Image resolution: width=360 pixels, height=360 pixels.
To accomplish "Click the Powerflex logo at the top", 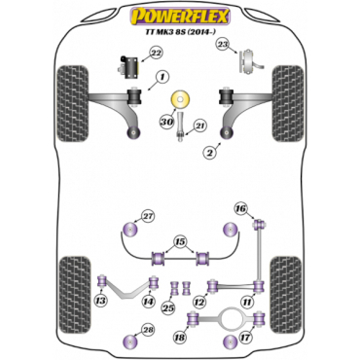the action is click(180, 17).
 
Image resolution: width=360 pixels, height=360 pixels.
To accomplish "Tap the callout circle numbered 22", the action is click(157, 54).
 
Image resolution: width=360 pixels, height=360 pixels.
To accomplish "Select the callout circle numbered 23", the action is click(223, 45).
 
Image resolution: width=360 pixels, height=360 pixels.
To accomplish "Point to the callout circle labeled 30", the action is click(166, 122).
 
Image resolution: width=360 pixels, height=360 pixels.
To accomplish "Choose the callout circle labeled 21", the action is click(200, 126).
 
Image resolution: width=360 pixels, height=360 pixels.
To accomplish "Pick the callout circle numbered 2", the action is click(210, 153).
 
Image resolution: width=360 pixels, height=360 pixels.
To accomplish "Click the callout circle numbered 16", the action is click(241, 209).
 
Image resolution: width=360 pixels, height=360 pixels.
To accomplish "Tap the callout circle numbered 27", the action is click(148, 217).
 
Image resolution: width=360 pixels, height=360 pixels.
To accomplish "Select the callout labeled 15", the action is click(180, 242).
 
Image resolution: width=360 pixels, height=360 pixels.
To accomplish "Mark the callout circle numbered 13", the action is click(101, 301).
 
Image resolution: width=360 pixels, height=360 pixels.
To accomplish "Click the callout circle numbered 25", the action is click(169, 307).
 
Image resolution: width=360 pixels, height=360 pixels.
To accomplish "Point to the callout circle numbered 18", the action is click(180, 338).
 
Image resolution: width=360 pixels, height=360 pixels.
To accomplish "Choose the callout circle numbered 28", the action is click(148, 331).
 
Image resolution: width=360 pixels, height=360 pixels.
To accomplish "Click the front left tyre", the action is click(73, 103).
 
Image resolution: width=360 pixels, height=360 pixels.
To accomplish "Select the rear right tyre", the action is click(286, 295).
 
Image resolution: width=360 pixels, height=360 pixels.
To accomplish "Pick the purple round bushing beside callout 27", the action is click(130, 230).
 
